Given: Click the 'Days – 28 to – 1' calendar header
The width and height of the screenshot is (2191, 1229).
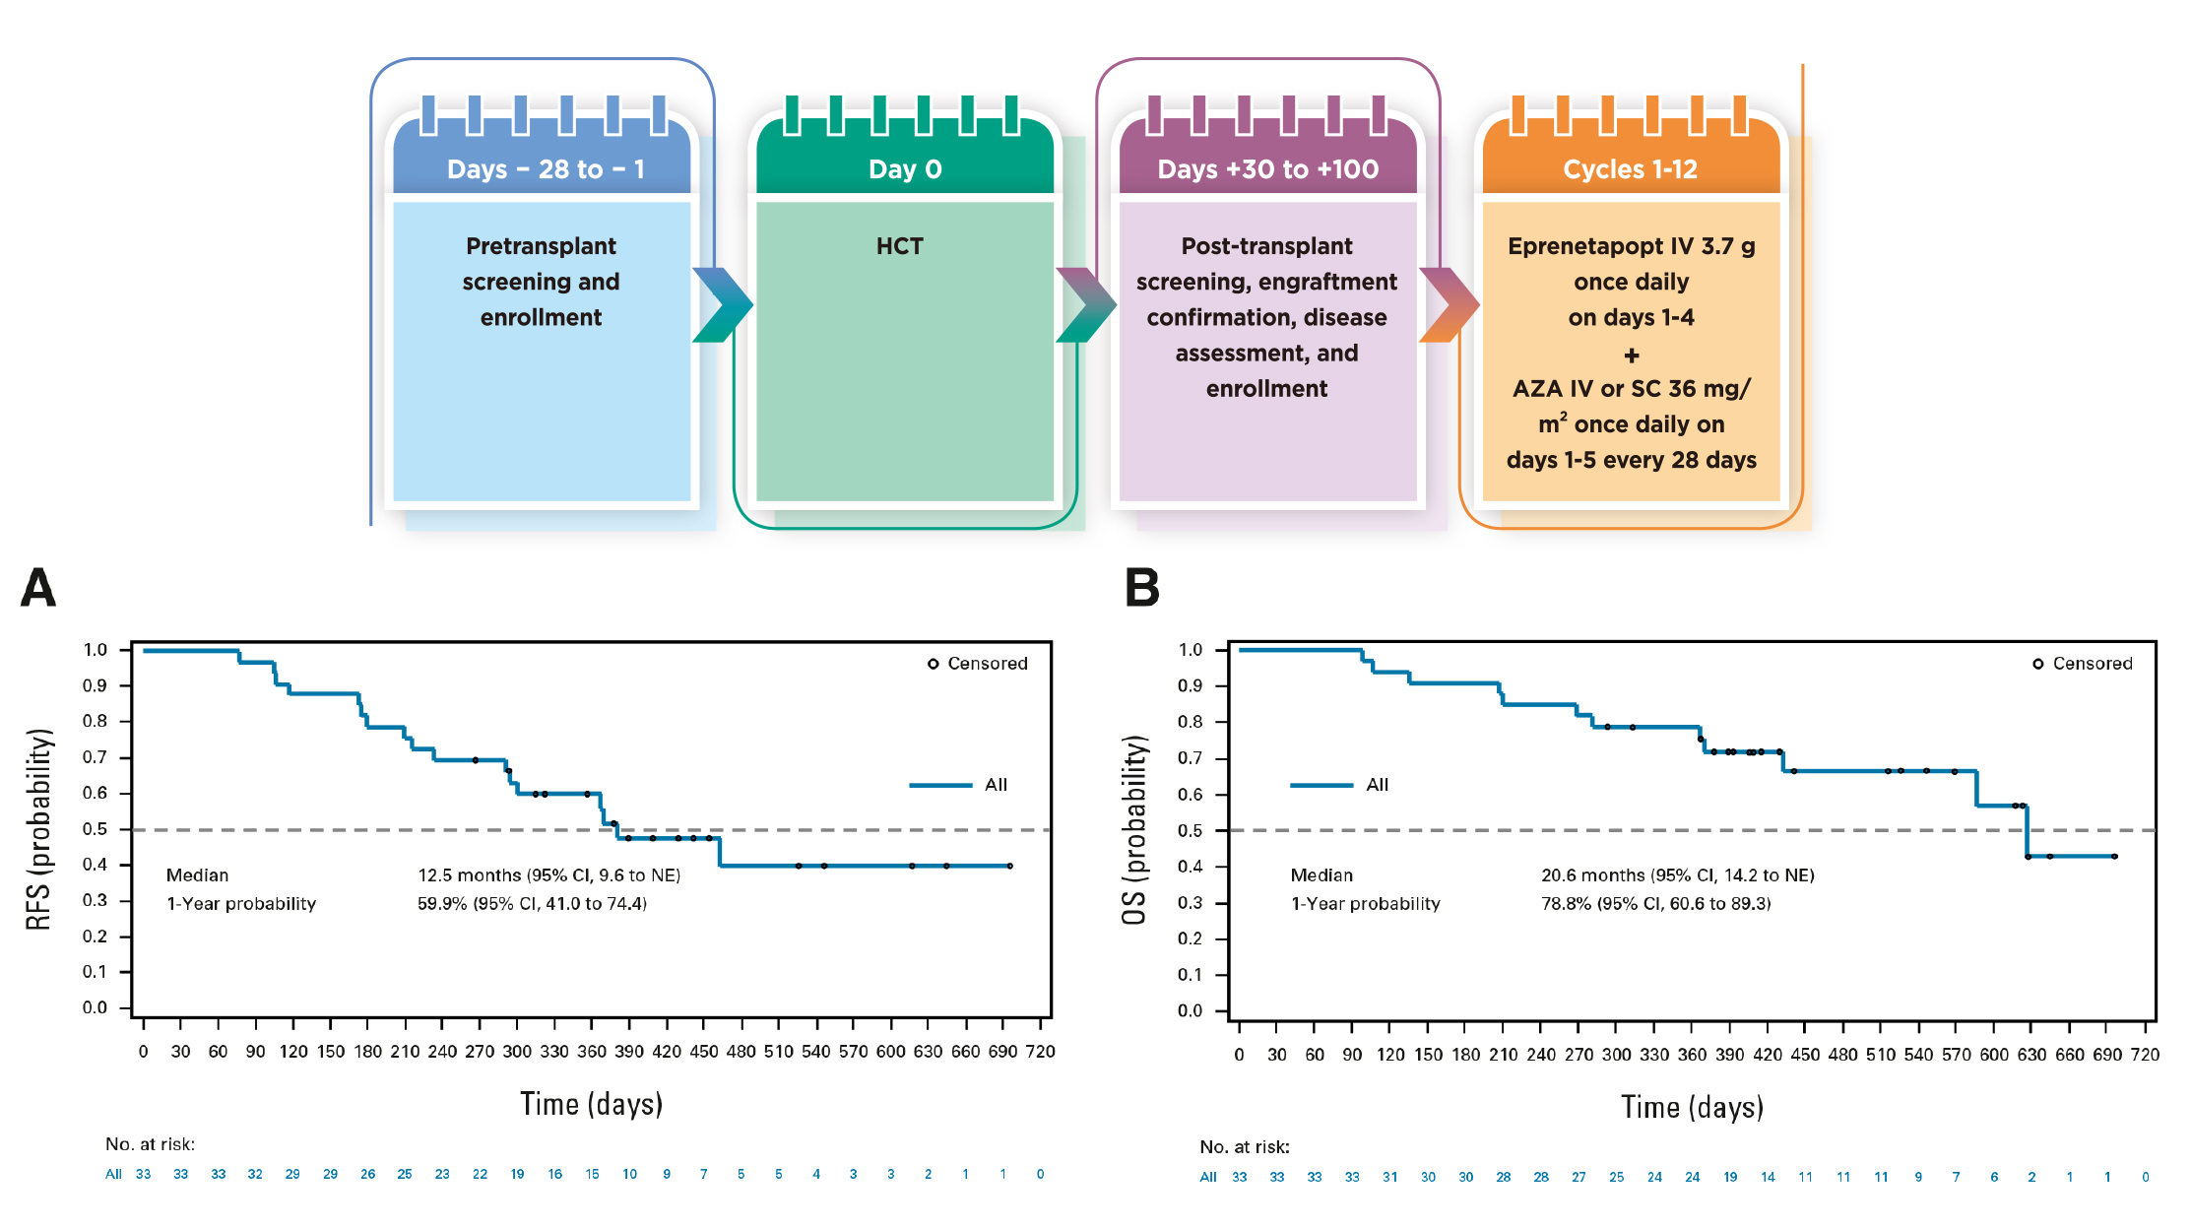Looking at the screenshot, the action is [546, 169].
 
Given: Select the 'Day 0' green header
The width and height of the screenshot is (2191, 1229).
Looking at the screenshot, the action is [905, 169].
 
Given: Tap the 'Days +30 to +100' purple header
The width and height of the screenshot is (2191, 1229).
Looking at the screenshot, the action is [1268, 169].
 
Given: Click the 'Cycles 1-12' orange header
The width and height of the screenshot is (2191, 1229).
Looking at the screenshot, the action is [1631, 169].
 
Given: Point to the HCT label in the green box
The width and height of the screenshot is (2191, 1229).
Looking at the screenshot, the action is [900, 246].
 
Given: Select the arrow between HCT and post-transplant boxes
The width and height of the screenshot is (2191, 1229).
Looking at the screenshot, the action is [1086, 304].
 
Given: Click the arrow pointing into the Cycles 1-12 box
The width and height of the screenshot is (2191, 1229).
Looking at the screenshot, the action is [1450, 304].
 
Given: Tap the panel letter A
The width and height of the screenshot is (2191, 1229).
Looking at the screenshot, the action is [38, 588].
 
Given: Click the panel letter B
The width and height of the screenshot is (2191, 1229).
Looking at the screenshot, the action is [1142, 588].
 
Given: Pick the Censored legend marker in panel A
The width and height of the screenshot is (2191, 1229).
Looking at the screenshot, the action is [933, 664].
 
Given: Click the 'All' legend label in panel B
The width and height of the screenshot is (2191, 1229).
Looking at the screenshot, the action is [1377, 785].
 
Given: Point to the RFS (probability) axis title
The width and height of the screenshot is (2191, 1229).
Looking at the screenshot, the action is [38, 829].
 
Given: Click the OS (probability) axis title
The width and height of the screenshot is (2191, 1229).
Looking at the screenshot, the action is [1134, 830].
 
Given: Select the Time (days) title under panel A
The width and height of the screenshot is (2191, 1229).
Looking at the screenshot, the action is [591, 1104].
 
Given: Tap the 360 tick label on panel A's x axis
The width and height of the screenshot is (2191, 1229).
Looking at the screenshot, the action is [592, 1052].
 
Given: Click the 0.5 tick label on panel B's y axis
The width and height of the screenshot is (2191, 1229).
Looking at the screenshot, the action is [1190, 830].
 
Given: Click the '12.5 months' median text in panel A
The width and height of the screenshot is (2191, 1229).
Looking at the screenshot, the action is [470, 874].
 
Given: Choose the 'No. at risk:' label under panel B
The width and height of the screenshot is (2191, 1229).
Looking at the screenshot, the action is [1245, 1147].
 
